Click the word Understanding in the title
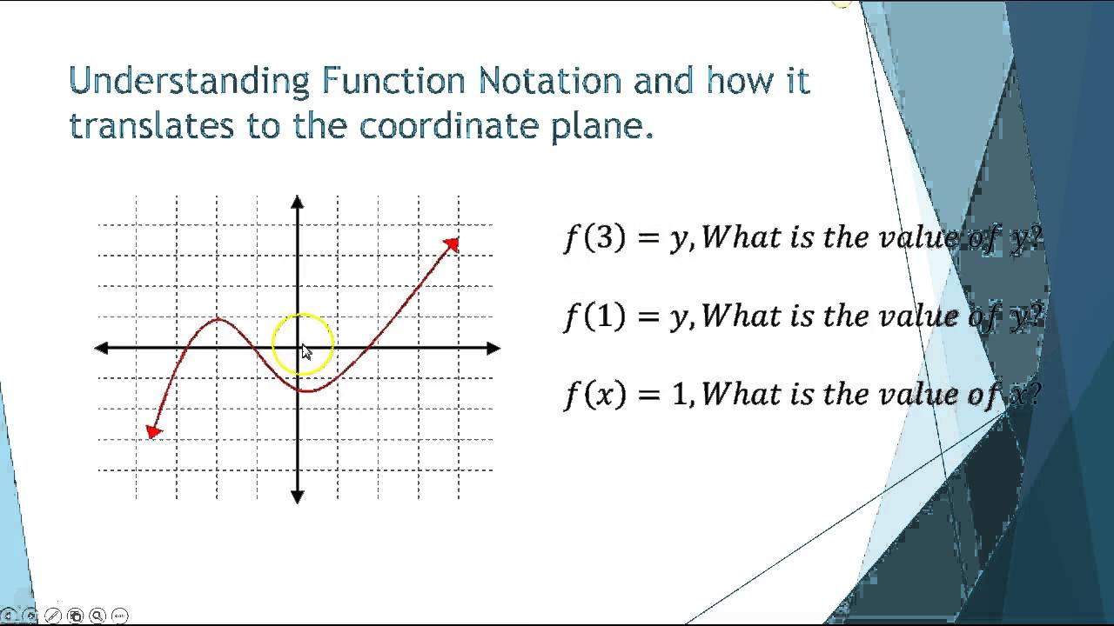click(189, 82)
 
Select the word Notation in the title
click(550, 82)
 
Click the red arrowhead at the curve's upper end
click(451, 244)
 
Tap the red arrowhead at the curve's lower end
click(154, 431)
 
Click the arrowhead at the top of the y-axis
click(298, 203)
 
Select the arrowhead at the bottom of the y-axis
click(298, 496)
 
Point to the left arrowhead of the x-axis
click(102, 348)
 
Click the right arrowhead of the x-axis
click(493, 348)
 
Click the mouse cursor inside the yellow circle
click(305, 351)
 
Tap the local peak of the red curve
click(218, 320)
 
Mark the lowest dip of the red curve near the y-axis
click(307, 390)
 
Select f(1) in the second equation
click(594, 316)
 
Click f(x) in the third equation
click(594, 395)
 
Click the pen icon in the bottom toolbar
click(52, 616)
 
